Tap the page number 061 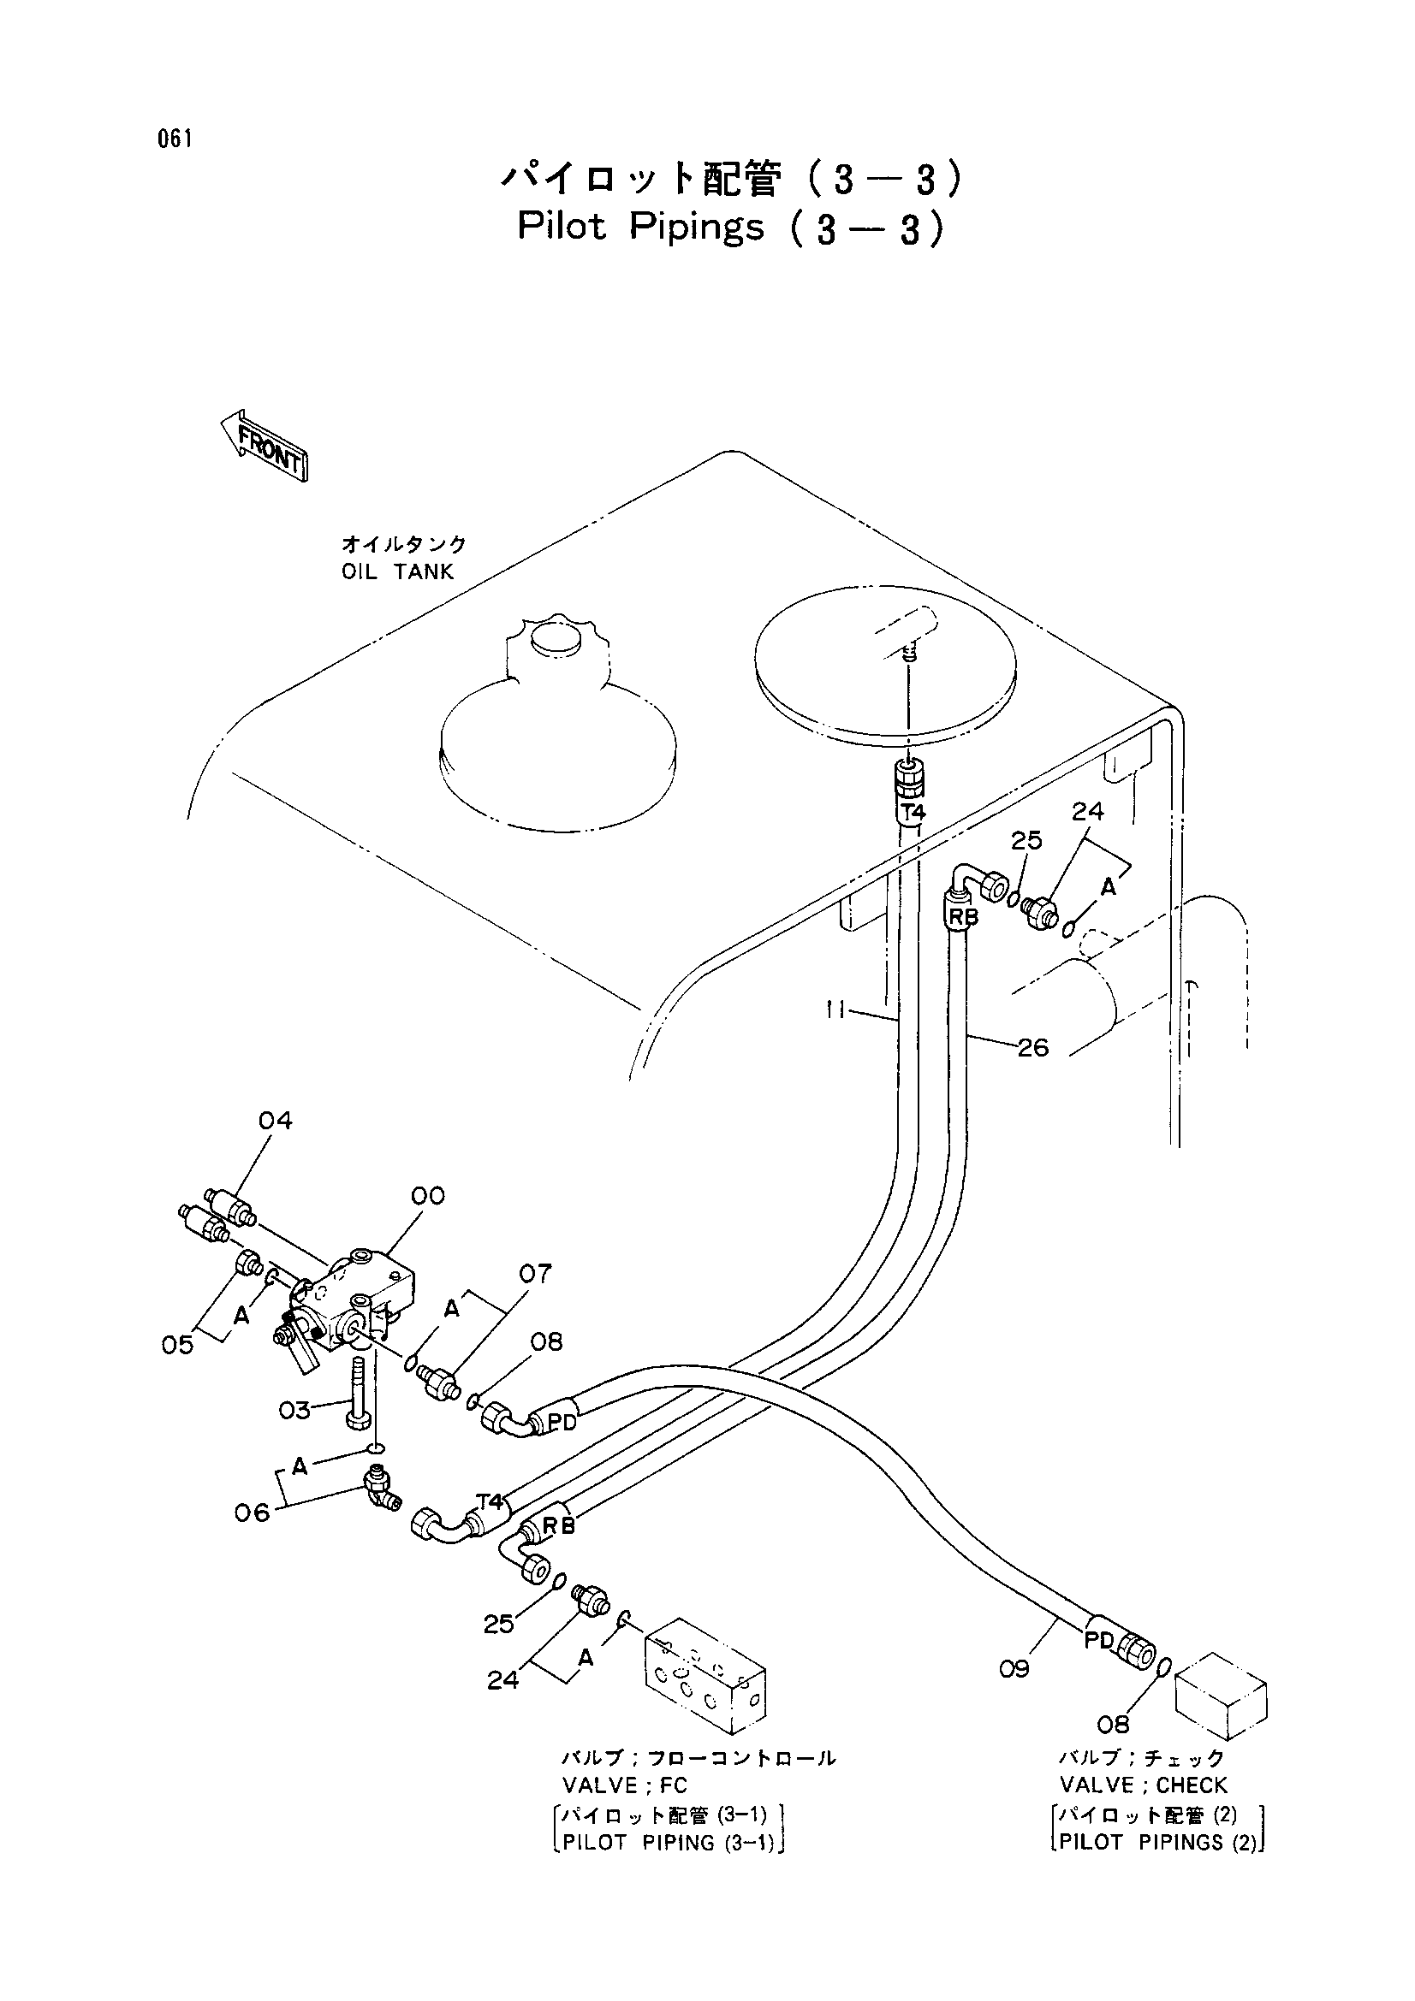pyautogui.click(x=175, y=139)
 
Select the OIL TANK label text pyautogui.click(x=397, y=571)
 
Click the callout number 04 pyautogui.click(x=276, y=1121)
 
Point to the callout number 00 pyautogui.click(x=427, y=1196)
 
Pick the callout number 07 pyautogui.click(x=535, y=1274)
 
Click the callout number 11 pyautogui.click(x=836, y=1011)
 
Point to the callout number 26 pyautogui.click(x=1033, y=1048)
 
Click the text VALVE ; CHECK pyautogui.click(x=1143, y=1804)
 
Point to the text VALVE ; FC pyautogui.click(x=624, y=1804)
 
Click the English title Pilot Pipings pyautogui.click(x=640, y=228)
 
